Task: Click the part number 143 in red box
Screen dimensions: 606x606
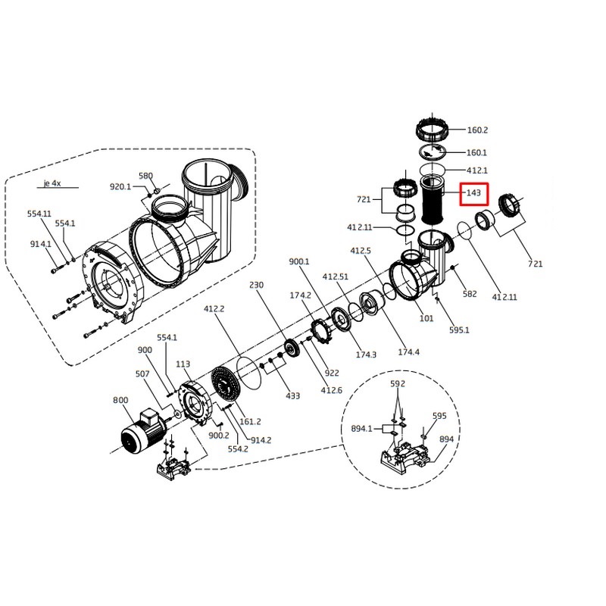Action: point(473,194)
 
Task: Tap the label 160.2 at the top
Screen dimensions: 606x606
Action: point(477,130)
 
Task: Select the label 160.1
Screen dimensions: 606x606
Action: point(476,152)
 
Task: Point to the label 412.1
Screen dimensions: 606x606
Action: point(476,170)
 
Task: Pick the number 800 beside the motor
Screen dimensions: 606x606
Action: point(120,400)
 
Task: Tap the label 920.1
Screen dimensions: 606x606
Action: point(121,186)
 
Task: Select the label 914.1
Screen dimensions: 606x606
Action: point(41,244)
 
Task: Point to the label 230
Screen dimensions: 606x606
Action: point(256,286)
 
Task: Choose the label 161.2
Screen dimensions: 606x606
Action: point(250,421)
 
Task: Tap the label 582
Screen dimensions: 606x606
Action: point(470,293)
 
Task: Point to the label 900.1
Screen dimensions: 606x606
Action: point(300,261)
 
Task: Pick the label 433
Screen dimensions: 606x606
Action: point(293,395)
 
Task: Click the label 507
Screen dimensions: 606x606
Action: point(143,373)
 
